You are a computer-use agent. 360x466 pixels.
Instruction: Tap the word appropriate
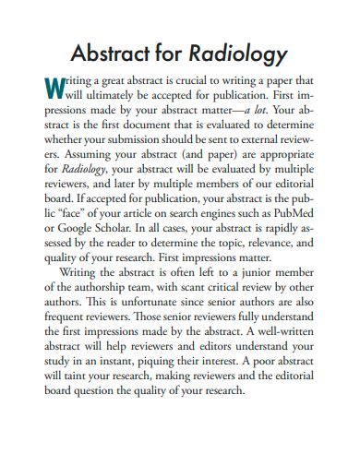pyautogui.click(x=277, y=151)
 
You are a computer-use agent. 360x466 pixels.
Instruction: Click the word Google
pyautogui.click(x=85, y=223)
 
